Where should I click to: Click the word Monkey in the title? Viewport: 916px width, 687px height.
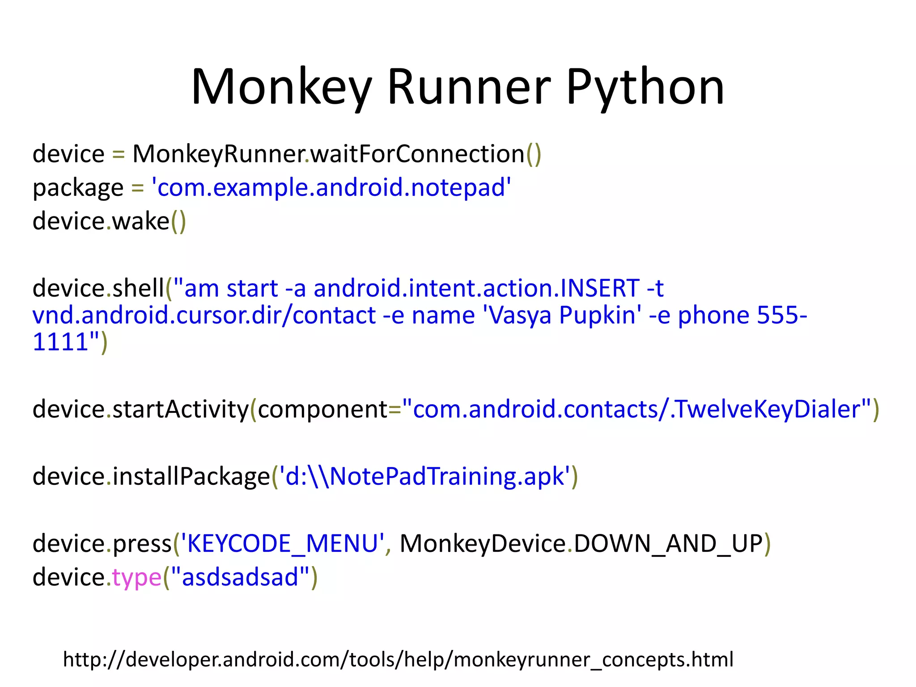pos(281,87)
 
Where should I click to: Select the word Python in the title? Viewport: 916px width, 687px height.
pos(645,87)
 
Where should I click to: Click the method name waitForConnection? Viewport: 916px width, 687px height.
pos(417,154)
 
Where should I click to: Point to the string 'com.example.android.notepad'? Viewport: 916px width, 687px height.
pos(331,187)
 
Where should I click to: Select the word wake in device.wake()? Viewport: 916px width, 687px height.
pos(140,221)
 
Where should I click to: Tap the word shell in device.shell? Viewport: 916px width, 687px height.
pos(138,288)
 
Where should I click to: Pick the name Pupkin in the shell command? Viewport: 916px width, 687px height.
pos(597,315)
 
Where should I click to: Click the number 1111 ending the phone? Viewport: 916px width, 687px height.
pos(60,342)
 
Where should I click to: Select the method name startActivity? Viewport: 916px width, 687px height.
pos(180,409)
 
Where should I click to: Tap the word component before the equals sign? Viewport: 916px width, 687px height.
pos(322,409)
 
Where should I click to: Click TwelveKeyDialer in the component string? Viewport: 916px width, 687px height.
pos(767,409)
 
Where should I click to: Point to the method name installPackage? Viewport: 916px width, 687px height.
pos(191,476)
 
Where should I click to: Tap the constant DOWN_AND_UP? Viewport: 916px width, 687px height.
pos(668,543)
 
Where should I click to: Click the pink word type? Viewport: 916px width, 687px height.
pos(136,577)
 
